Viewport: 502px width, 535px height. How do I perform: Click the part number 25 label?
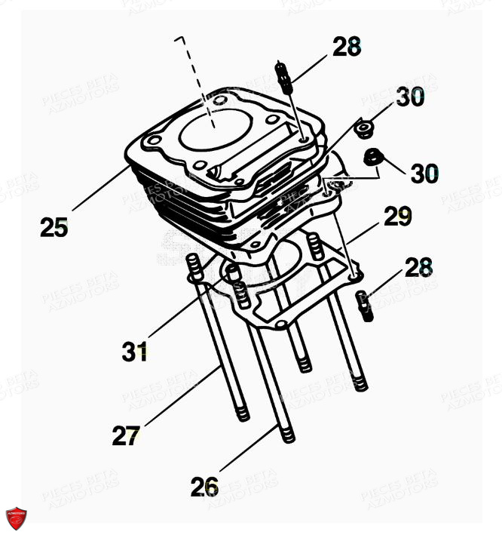pyautogui.click(x=54, y=226)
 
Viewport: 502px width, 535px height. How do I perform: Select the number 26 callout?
pyautogui.click(x=204, y=487)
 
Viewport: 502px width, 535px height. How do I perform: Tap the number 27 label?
pyautogui.click(x=127, y=435)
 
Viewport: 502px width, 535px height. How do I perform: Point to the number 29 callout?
pyautogui.click(x=397, y=217)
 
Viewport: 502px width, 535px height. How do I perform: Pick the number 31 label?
pyautogui.click(x=135, y=351)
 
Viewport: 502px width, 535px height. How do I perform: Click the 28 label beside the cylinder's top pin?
pyautogui.click(x=347, y=47)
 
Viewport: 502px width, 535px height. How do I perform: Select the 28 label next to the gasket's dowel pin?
pyautogui.click(x=418, y=267)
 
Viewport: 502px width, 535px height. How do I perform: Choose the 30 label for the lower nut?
pyautogui.click(x=424, y=174)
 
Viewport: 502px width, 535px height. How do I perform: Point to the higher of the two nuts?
pyautogui.click(x=366, y=129)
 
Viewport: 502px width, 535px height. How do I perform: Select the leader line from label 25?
pyautogui.click(x=102, y=188)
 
